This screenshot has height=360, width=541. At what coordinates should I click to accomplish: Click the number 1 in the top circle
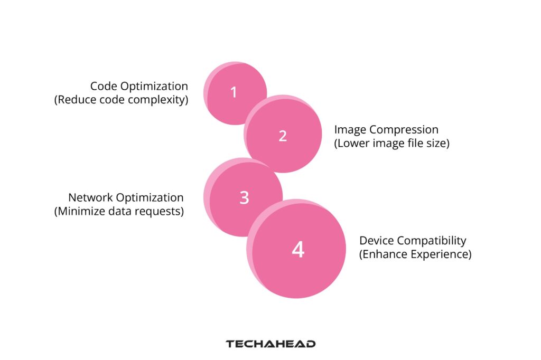click(234, 92)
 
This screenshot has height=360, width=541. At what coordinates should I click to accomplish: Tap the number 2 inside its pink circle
click(283, 136)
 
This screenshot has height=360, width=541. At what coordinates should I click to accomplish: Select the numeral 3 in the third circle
click(244, 197)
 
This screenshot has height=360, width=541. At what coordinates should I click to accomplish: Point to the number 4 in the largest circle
click(298, 249)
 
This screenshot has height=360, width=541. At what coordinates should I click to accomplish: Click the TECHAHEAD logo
click(270, 344)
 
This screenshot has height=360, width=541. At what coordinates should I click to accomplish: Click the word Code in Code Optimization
click(104, 86)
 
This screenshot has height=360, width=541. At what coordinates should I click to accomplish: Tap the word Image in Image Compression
click(350, 130)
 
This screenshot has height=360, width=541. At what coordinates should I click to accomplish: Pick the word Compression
click(404, 130)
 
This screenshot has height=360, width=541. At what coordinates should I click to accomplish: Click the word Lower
click(351, 143)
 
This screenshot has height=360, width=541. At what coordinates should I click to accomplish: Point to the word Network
click(90, 197)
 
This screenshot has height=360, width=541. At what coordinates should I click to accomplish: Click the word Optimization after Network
click(150, 198)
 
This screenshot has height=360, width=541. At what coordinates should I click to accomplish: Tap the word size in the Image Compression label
click(438, 143)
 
